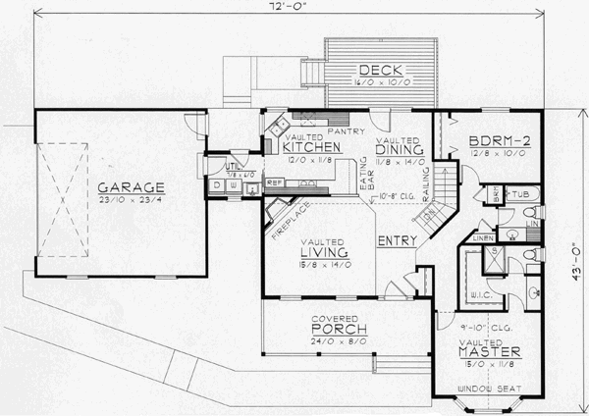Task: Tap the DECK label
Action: point(376,70)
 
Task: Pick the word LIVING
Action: point(325,253)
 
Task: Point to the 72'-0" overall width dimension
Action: point(294,9)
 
